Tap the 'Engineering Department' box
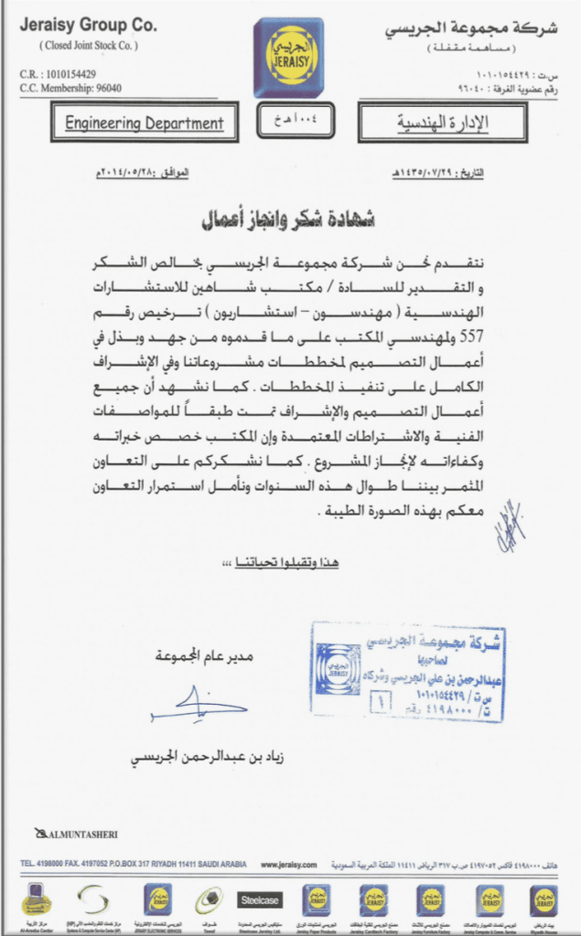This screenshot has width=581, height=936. pyautogui.click(x=145, y=123)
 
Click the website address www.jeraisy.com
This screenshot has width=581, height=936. pyautogui.click(x=288, y=864)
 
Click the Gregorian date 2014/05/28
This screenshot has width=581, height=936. pyautogui.click(x=142, y=172)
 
